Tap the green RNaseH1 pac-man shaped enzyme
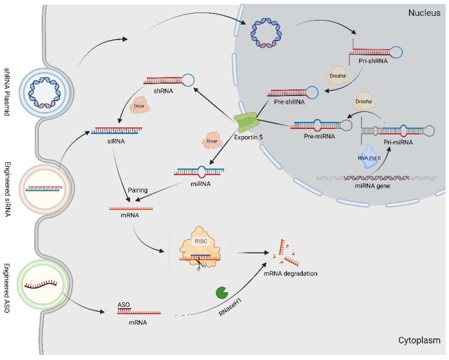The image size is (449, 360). (223, 292)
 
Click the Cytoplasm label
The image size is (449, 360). (418, 340)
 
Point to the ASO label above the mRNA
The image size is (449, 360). (124, 305)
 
